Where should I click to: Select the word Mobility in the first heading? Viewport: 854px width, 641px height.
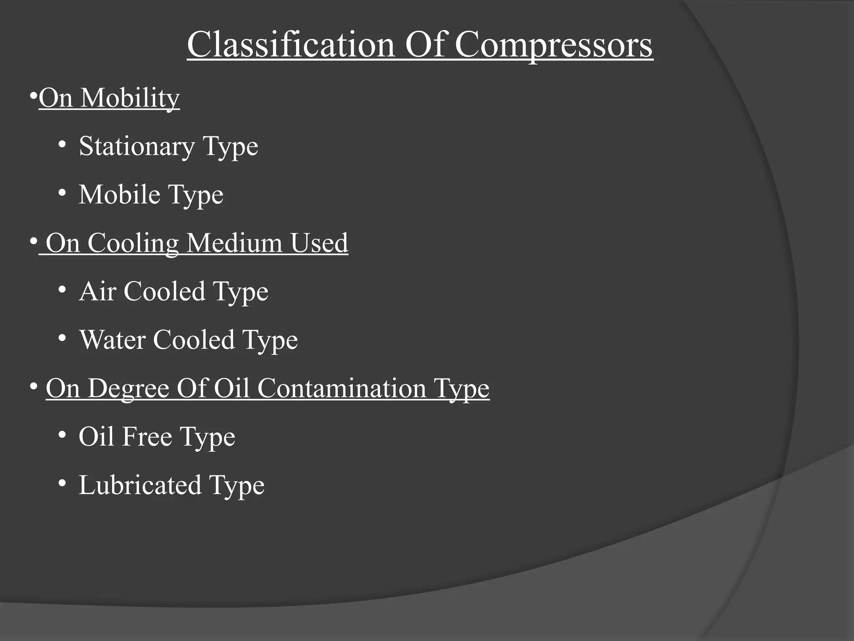point(130,98)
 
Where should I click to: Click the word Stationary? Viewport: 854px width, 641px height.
point(136,147)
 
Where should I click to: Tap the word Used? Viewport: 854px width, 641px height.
point(319,243)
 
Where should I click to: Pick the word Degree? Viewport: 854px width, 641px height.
point(128,389)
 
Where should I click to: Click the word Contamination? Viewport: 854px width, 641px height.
point(342,388)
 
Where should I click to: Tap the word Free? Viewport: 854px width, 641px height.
point(147,437)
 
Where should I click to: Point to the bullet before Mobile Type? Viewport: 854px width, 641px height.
point(62,193)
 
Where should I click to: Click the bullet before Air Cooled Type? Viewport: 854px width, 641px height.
point(62,290)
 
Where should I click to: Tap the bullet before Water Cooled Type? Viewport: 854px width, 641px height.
point(62,338)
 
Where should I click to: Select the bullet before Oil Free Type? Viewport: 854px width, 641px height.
point(62,435)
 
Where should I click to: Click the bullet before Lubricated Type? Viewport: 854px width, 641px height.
point(62,483)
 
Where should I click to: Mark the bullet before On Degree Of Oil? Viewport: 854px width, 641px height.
point(33,386)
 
